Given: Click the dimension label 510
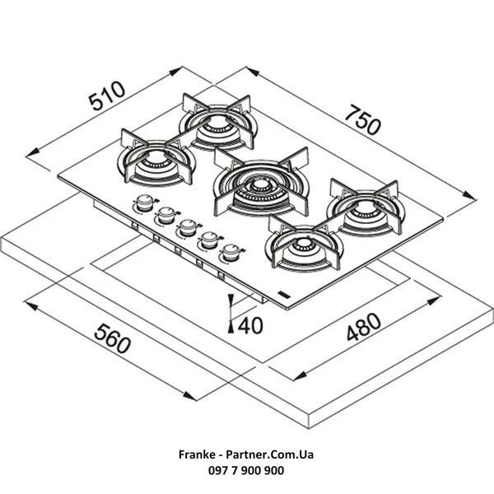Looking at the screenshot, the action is tap(106, 96).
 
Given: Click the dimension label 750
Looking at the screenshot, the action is tap(362, 120).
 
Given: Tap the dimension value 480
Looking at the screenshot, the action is tap(364, 327).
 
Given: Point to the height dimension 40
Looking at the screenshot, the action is tap(250, 326).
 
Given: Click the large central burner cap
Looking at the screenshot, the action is tap(260, 186).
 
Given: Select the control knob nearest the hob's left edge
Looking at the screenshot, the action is tap(145, 203).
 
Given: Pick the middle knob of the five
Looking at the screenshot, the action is tap(188, 227).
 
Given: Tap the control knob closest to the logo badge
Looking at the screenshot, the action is tap(231, 252).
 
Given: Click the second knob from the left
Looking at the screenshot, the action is tap(166, 215).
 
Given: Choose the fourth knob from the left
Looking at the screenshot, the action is tap(209, 240).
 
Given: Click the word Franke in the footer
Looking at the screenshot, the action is tap(197, 454).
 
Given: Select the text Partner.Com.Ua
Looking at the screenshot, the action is tap(270, 454).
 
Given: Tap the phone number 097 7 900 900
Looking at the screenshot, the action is tap(246, 470).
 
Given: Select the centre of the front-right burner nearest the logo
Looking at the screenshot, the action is tap(303, 245).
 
